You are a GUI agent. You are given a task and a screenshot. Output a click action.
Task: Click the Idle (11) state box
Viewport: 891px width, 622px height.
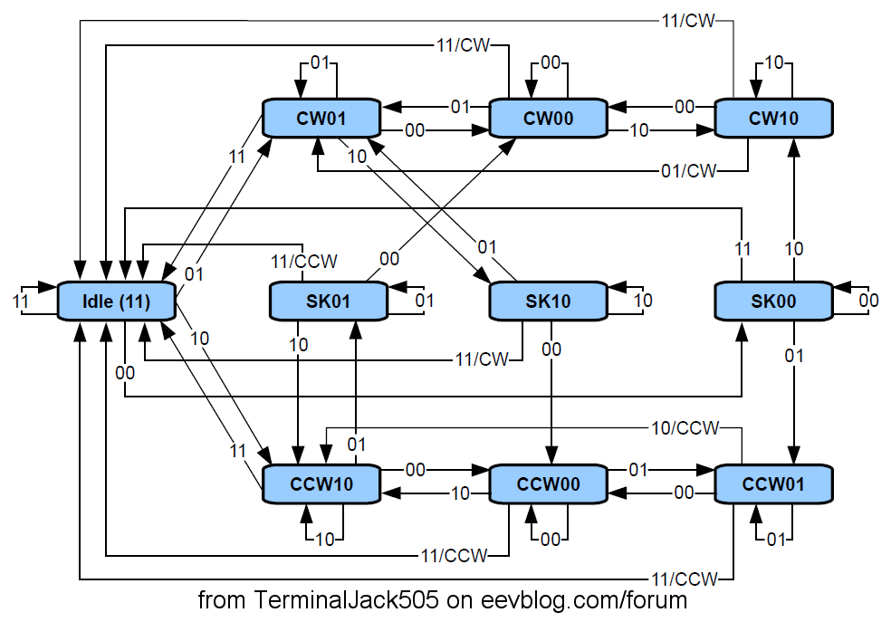click(x=117, y=301)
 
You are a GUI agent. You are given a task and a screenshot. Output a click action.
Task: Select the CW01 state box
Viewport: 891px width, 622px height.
click(x=321, y=118)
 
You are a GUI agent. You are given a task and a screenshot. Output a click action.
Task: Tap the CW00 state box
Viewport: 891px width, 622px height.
click(x=548, y=118)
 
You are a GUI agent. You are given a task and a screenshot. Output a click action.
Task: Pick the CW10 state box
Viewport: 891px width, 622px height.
click(x=773, y=118)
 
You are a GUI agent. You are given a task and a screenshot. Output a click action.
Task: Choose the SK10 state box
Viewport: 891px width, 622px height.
click(x=548, y=301)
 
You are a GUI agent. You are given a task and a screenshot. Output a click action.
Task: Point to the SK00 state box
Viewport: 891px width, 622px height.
click(x=773, y=301)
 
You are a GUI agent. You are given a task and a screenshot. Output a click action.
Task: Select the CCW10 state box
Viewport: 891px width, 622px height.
click(x=321, y=484)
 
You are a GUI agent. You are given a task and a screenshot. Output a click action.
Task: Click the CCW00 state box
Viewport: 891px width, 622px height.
click(x=548, y=484)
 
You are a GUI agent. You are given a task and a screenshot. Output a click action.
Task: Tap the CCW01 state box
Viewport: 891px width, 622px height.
click(x=773, y=484)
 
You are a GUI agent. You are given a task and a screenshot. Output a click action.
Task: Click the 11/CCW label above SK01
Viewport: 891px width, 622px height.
click(x=304, y=262)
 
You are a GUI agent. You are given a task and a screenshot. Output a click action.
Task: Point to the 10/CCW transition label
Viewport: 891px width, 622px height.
click(x=685, y=427)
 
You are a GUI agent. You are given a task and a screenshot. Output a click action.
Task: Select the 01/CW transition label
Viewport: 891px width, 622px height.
click(x=684, y=170)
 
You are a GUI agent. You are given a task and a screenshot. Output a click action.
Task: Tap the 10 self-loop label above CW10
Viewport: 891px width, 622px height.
click(x=774, y=63)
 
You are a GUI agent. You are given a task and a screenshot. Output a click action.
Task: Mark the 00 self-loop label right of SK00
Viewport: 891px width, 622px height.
click(x=868, y=301)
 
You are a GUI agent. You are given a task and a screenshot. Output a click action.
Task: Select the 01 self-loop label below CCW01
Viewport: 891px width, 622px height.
click(x=774, y=540)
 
